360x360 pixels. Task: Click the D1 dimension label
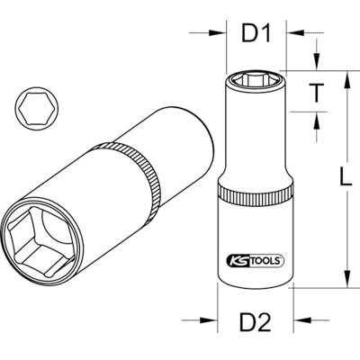[x=256, y=32]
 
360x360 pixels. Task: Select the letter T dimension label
[x=316, y=92]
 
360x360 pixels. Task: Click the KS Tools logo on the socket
[x=256, y=260]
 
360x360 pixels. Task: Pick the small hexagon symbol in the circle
[x=37, y=109]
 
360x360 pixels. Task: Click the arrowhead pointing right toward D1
[x=217, y=32]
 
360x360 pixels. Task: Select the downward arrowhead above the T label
[x=316, y=62]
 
